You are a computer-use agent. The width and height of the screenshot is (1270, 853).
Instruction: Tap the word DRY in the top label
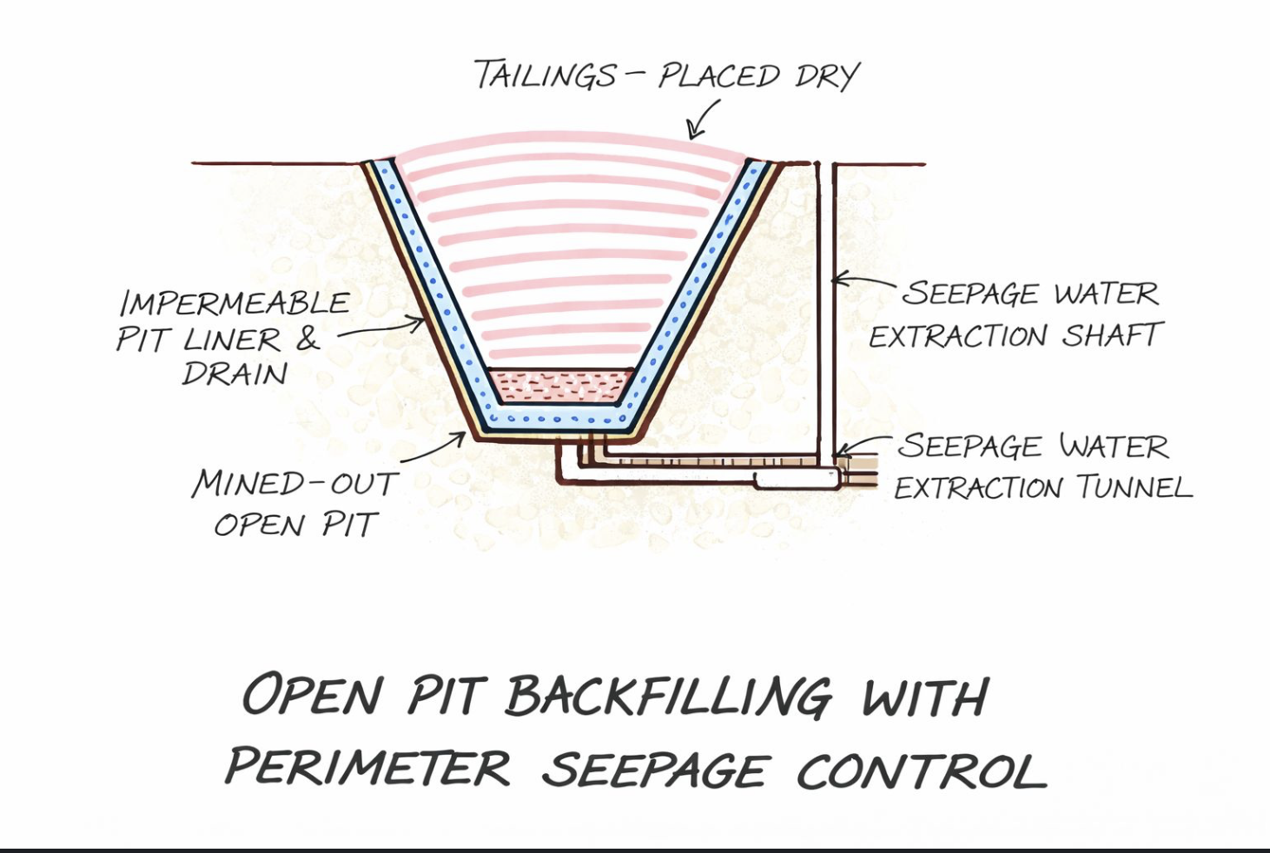[826, 76]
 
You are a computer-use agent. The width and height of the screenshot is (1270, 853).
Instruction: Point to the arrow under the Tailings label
[704, 119]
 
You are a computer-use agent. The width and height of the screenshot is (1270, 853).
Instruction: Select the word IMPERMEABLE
[235, 303]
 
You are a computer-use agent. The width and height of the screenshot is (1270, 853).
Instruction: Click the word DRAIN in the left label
[235, 374]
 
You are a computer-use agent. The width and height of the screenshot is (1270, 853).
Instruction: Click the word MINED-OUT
[295, 483]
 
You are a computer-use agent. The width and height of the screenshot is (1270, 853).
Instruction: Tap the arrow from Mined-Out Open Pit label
[434, 447]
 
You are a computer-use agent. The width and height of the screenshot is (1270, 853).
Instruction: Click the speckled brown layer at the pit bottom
[559, 384]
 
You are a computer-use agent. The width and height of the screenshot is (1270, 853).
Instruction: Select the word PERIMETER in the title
[368, 768]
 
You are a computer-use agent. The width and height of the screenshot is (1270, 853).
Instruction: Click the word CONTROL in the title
[921, 771]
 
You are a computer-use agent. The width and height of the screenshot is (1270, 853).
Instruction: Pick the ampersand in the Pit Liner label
[308, 339]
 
